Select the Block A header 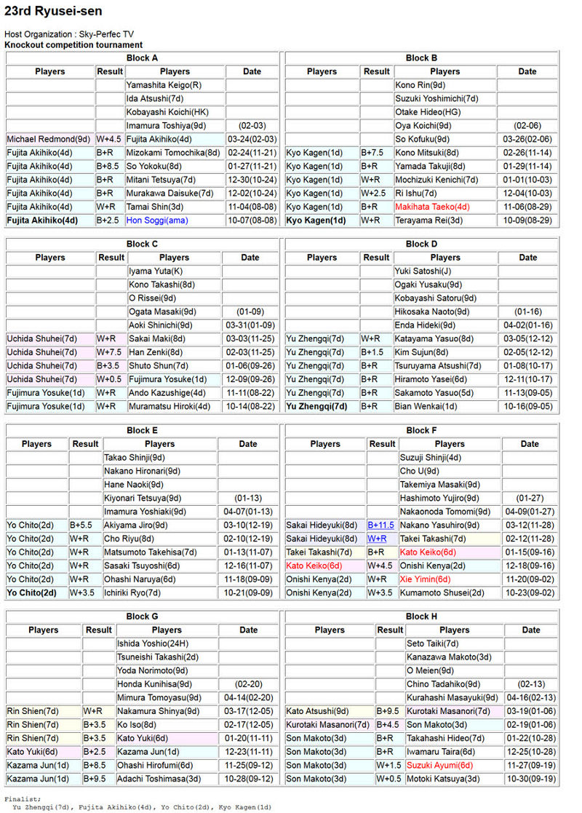pos(142,58)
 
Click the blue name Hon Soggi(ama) pos(156,220)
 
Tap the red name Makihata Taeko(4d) pos(432,207)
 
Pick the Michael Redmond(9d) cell pos(49,139)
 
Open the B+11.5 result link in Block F pos(381,526)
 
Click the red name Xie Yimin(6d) pos(426,579)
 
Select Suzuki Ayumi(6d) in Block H pos(439,766)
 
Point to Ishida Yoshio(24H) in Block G pos(148,643)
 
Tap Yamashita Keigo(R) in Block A pos(164,85)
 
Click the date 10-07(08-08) pos(252,220)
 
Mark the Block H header pos(422,616)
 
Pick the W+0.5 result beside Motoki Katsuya pos(389,779)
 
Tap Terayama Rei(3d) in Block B pos(428,220)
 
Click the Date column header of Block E pos(248,444)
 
